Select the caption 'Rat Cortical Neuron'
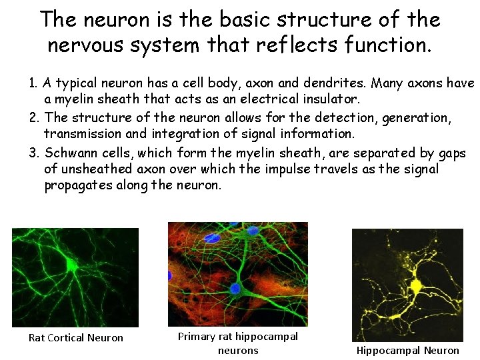point(75,337)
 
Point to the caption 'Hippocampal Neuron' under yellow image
point(407,350)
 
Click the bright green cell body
point(72,265)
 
